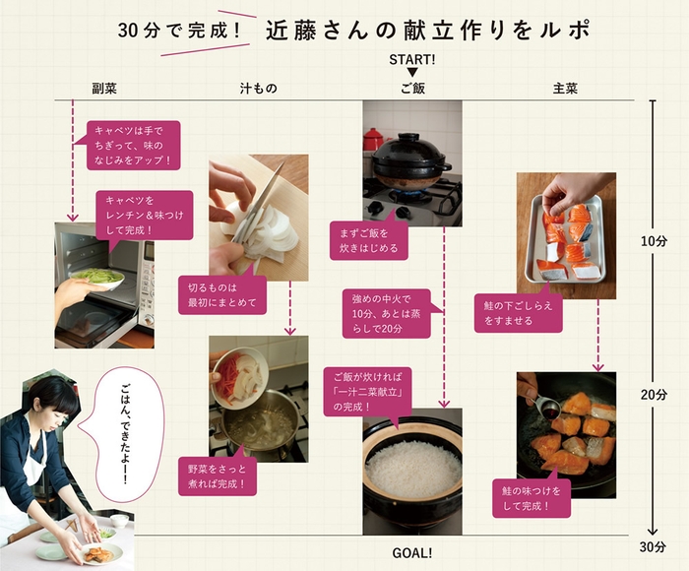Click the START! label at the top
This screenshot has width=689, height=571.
pos(412,59)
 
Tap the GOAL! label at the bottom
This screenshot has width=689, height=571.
pos(411,553)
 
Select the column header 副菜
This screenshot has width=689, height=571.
pos(104,89)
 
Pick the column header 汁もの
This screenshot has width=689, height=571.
pos(258,89)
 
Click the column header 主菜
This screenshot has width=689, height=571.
pos(565,89)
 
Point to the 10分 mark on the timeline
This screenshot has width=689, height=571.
pos(654,241)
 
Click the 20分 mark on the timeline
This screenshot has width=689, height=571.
pos(654,395)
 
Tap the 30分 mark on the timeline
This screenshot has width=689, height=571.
pos(653,546)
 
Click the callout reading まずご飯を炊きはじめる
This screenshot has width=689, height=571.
pos(369,240)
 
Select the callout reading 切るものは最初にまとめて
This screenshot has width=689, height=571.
pos(222,294)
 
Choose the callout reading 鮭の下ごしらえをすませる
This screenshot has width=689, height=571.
pos(519,312)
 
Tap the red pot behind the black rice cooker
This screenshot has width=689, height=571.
pos(373,139)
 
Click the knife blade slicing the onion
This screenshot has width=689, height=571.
pos(260,202)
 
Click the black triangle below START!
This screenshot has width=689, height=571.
pos(411,73)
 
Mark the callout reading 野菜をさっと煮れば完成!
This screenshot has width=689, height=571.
pos(218,476)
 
